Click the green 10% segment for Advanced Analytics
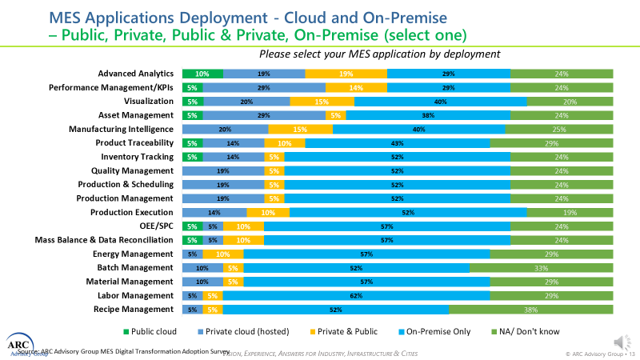pos(202,74)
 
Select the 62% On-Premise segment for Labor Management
pos(356,296)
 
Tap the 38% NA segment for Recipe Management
pos(530,310)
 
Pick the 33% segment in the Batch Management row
pos(541,268)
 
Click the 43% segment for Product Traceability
pos(398,143)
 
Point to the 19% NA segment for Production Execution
pos(570,212)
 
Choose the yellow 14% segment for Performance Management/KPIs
pos(356,87)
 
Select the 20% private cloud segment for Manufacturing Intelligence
pos(225,129)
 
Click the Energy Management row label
pos(134,254)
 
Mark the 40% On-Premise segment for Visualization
pos(440,102)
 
